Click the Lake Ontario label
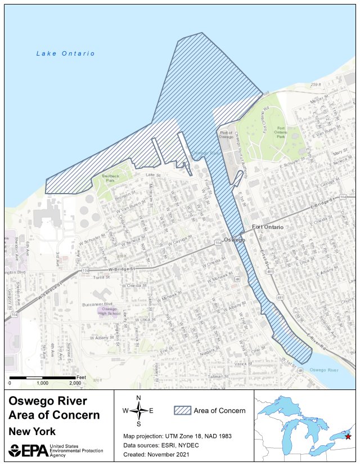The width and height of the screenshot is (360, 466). click(65, 53)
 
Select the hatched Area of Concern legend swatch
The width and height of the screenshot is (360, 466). click(182, 410)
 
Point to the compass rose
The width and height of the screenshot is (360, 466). click(138, 410)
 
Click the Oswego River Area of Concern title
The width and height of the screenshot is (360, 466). click(54, 408)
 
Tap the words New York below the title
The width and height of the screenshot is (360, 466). click(31, 432)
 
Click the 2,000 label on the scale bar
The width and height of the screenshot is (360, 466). click(75, 383)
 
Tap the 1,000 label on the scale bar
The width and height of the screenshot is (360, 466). click(42, 383)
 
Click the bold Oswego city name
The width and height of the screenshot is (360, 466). click(234, 240)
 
